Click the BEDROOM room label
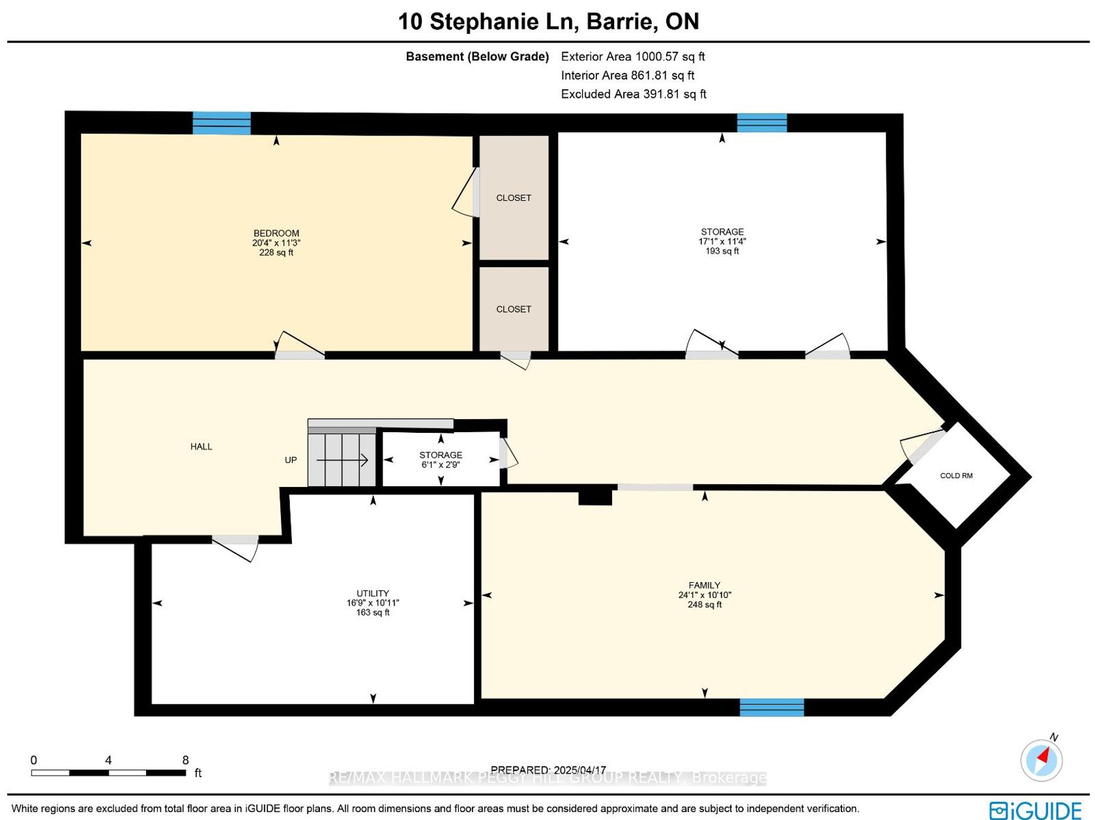coord(276,233)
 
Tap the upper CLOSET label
coord(514,198)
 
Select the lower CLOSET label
coord(514,309)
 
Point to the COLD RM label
coord(956,476)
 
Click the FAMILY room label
coord(704,585)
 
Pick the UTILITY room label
coord(373,593)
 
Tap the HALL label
coord(201,447)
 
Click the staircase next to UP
coord(342,460)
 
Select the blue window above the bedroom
coord(222,123)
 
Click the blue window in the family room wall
coord(771,707)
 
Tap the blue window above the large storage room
coord(762,123)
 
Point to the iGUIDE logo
coord(1035,810)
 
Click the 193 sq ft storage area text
coord(722,251)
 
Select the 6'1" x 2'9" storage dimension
coord(441,465)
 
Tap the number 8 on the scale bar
coord(186,760)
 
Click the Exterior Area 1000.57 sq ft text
coord(632,56)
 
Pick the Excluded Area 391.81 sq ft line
coord(634,94)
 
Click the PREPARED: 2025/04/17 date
coord(548,770)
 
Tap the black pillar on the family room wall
coord(594,498)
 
